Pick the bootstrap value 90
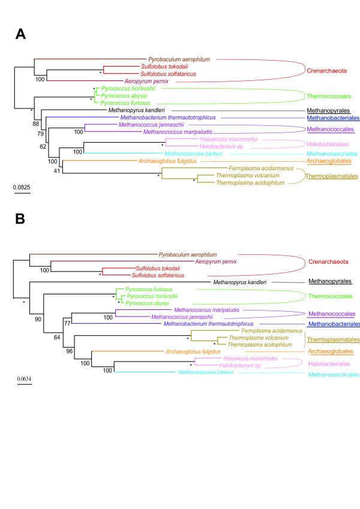pyautogui.click(x=38, y=319)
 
